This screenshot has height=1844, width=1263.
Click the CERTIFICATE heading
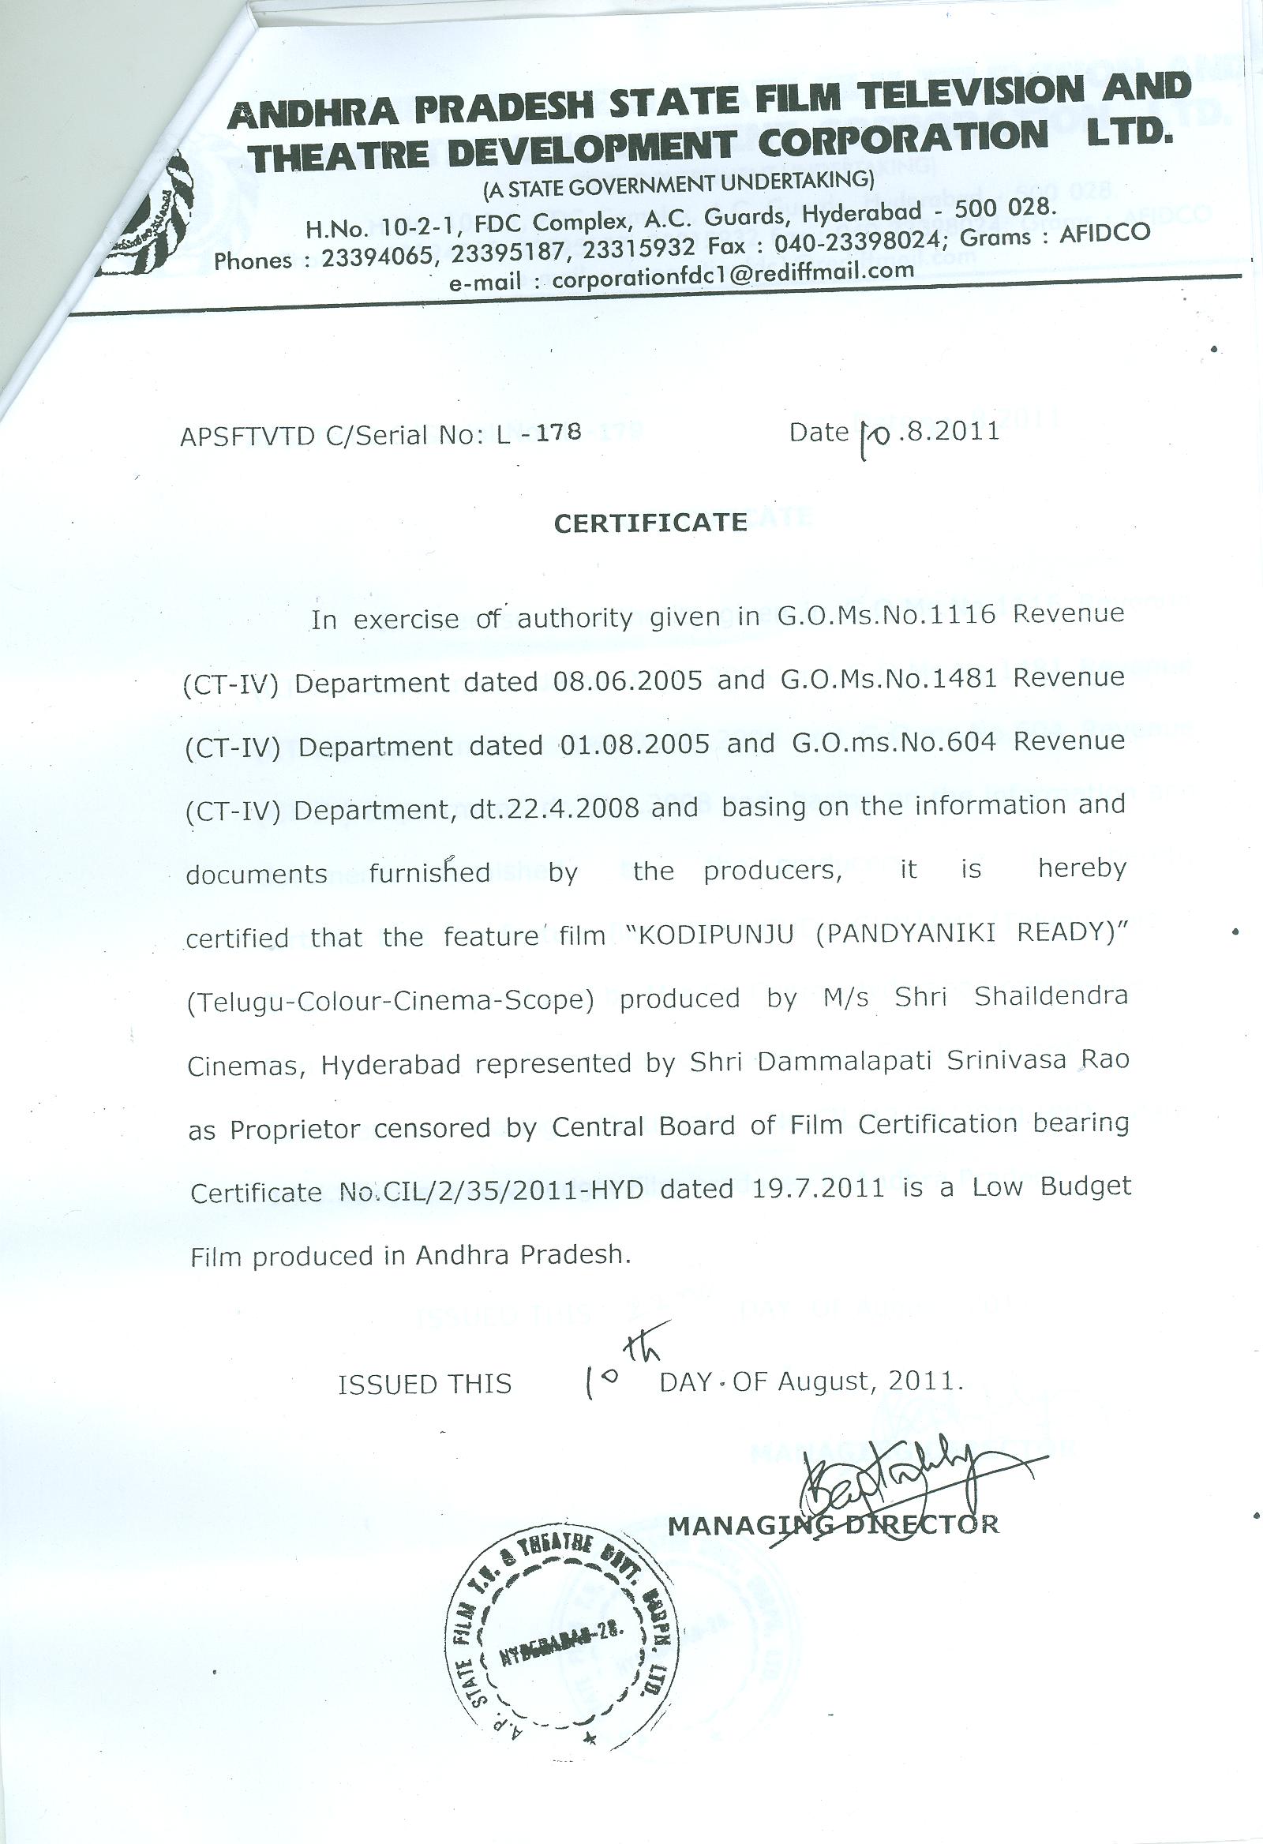pyautogui.click(x=650, y=523)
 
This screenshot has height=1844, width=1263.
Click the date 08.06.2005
pyautogui.click(x=628, y=680)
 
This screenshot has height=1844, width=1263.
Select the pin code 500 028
pyautogui.click(x=1005, y=208)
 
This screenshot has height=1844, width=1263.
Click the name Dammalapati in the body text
pyautogui.click(x=843, y=1062)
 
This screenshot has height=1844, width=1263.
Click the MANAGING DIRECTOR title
pyautogui.click(x=833, y=1524)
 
